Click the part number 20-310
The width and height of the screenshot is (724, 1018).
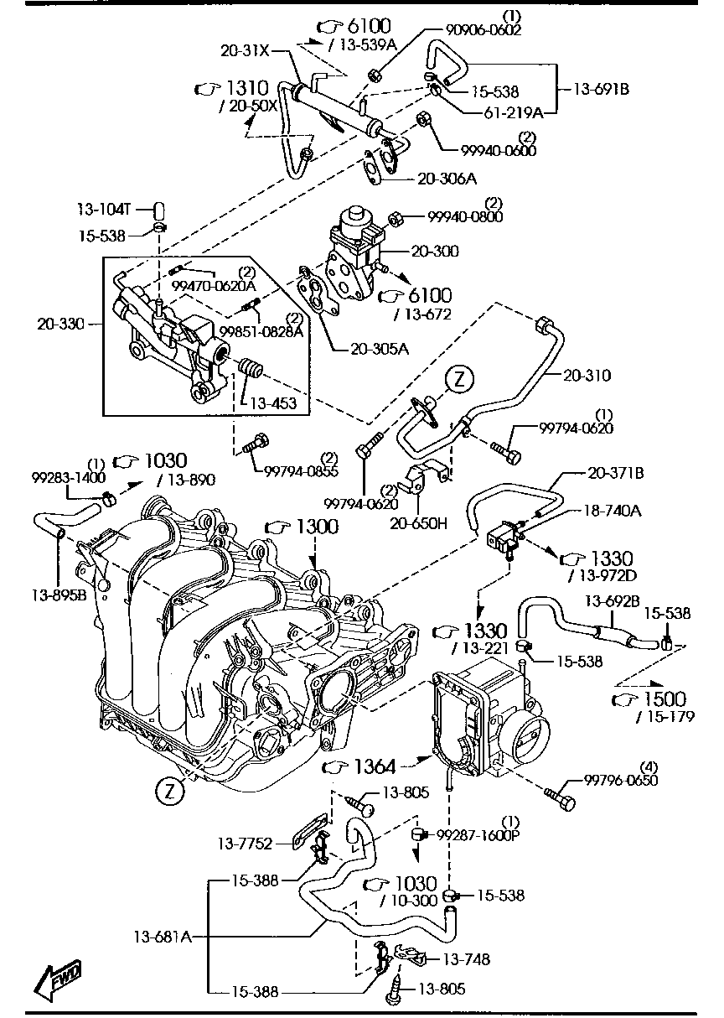[x=587, y=376]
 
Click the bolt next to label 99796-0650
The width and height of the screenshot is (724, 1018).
[x=560, y=797]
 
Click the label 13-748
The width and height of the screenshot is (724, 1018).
[x=466, y=959]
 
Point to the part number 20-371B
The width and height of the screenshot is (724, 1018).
[x=615, y=474]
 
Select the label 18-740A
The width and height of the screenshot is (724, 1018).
[x=608, y=509]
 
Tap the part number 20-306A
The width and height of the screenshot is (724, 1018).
[x=447, y=179]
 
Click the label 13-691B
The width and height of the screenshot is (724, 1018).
[x=601, y=87]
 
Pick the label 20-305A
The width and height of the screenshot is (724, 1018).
[x=380, y=349]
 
